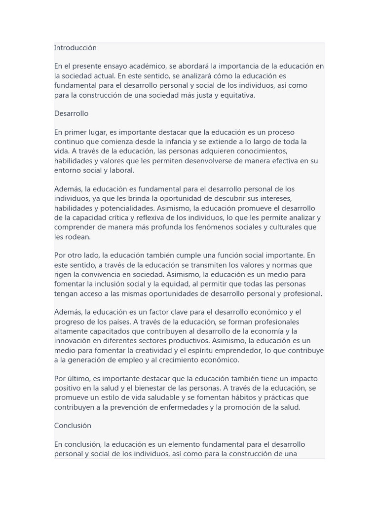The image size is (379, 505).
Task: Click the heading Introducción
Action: (75, 48)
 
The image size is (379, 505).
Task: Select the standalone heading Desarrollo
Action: (71, 113)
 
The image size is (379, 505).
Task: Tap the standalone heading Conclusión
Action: (73, 426)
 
